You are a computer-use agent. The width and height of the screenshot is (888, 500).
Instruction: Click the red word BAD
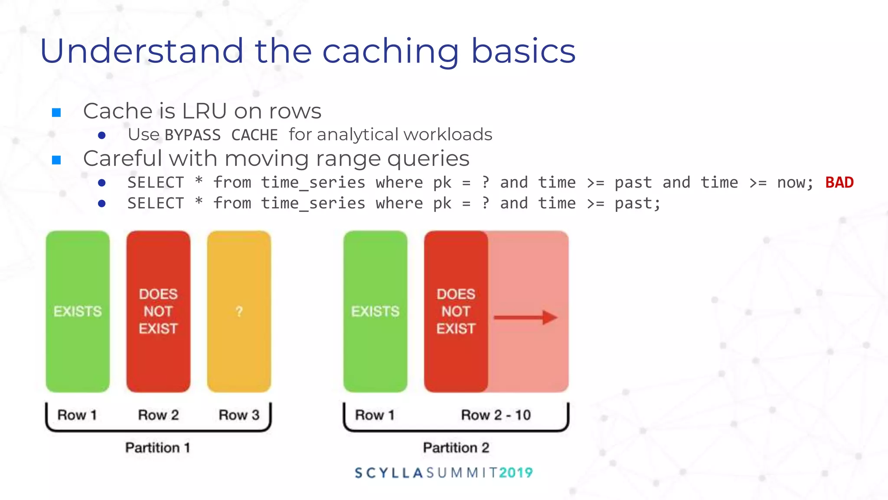839,182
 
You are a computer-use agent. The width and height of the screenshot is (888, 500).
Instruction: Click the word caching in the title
390,51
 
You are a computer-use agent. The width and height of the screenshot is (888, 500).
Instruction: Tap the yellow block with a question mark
239,311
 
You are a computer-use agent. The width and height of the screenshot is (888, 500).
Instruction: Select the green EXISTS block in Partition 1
78,311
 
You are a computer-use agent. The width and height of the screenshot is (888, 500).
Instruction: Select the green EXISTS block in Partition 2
375,311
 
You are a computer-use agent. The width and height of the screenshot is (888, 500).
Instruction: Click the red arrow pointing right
525,317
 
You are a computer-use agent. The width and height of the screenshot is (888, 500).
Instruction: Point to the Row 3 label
239,415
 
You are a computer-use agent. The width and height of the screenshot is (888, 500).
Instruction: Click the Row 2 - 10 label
496,415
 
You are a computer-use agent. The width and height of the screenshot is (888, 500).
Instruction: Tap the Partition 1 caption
157,447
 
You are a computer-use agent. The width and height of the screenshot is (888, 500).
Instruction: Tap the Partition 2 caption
456,447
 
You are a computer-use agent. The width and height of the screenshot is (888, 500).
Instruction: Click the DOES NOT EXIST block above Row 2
158,311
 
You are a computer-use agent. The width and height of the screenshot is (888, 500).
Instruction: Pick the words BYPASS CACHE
221,135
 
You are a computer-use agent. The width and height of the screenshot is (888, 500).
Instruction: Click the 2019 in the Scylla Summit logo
516,473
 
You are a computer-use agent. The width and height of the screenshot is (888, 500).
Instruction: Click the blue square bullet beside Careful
56,160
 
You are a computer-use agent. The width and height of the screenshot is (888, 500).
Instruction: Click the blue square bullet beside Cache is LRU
56,113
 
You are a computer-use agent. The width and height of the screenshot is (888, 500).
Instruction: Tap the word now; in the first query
795,183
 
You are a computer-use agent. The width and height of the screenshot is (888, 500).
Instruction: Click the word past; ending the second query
637,204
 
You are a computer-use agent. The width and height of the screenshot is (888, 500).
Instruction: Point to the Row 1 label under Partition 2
375,415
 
